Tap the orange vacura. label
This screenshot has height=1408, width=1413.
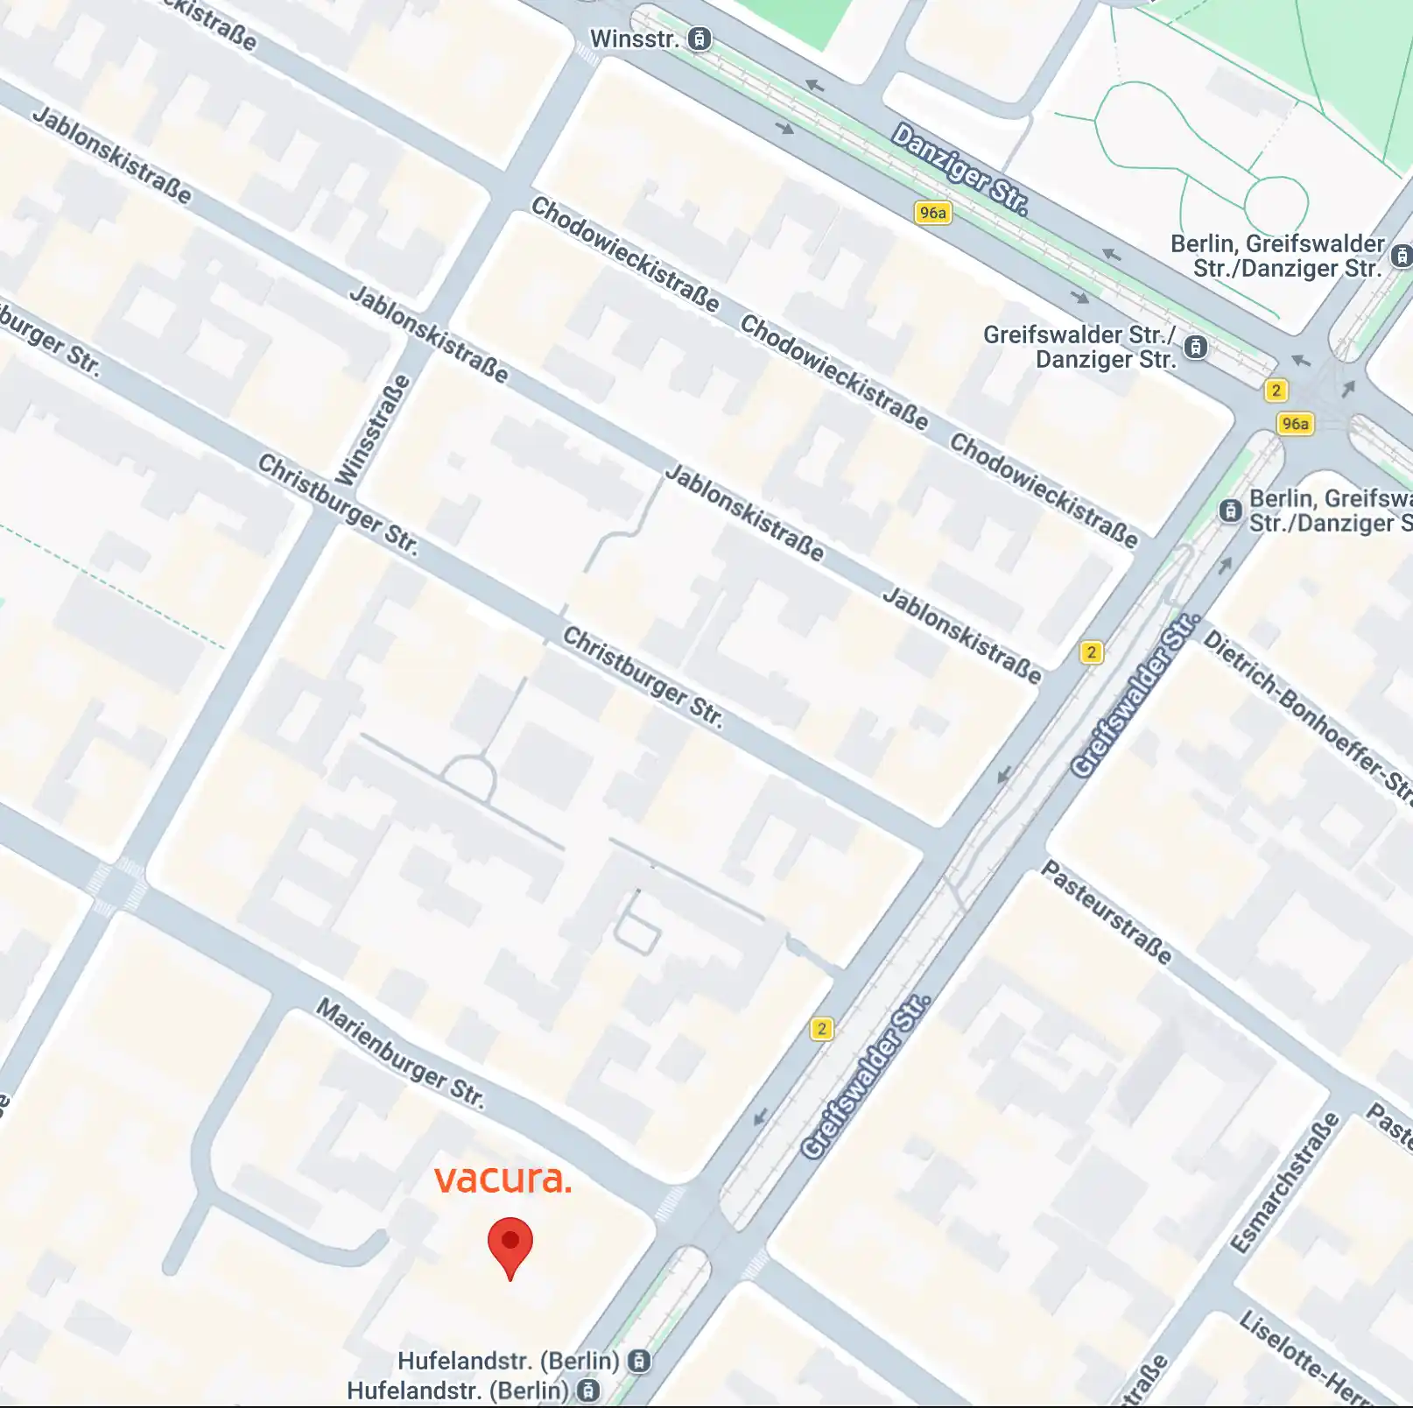(503, 1179)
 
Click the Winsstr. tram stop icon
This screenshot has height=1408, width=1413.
(699, 39)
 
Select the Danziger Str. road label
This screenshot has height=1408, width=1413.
(960, 169)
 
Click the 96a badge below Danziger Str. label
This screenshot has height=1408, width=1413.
(932, 213)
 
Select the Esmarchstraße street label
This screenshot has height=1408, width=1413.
(1284, 1183)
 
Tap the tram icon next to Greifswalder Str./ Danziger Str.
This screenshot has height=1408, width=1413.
(1196, 348)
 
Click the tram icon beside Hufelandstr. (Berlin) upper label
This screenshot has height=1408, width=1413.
(640, 1361)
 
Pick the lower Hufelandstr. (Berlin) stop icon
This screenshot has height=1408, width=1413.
(589, 1390)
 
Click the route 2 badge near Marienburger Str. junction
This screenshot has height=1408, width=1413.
(821, 1029)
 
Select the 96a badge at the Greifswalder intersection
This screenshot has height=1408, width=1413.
(1295, 424)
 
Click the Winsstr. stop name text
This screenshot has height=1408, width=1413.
(634, 39)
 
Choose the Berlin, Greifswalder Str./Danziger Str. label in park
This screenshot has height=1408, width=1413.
(1277, 256)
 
